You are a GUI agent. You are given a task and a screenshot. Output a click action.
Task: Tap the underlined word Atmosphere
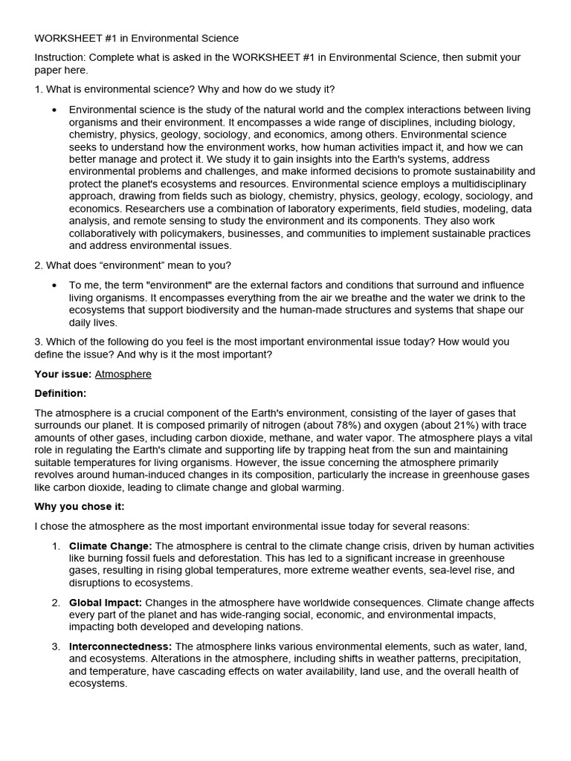pyautogui.click(x=123, y=374)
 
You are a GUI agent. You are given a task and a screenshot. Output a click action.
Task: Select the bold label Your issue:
pyautogui.click(x=62, y=374)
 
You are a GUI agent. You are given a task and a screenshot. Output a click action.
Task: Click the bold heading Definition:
pyautogui.click(x=60, y=393)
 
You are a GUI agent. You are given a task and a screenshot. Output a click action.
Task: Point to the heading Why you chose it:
pyautogui.click(x=80, y=506)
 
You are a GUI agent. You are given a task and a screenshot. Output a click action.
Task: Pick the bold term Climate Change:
pyautogui.click(x=110, y=546)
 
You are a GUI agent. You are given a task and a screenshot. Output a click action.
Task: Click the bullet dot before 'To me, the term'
pyautogui.click(x=54, y=285)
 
